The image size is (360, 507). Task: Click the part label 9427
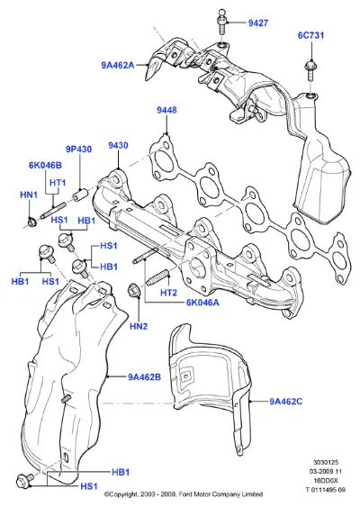(258, 23)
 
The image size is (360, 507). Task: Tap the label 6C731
(310, 35)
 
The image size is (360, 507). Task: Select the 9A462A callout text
(118, 65)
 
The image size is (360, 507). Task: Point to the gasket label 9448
(166, 110)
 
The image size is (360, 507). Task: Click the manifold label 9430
(118, 145)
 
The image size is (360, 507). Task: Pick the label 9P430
(78, 149)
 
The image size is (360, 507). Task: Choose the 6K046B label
(45, 165)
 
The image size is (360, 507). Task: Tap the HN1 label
(29, 195)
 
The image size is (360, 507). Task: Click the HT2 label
(168, 293)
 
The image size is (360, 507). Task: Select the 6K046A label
(202, 303)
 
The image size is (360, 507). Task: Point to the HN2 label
(139, 326)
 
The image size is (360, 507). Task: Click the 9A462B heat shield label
(145, 377)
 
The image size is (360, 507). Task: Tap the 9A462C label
(286, 402)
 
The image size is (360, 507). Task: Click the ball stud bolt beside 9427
(221, 22)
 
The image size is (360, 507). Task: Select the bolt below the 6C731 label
(310, 70)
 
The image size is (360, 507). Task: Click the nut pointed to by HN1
(31, 222)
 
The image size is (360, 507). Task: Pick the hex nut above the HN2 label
(133, 290)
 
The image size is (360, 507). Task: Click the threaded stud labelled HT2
(157, 277)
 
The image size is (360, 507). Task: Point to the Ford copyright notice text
(184, 494)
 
